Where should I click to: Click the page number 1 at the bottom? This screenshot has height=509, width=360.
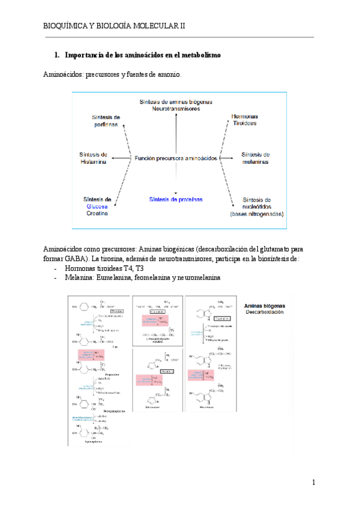[x=313, y=483]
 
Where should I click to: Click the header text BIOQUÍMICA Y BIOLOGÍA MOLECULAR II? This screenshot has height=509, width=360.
[x=115, y=26]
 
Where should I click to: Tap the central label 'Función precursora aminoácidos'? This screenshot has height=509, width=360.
[x=176, y=158]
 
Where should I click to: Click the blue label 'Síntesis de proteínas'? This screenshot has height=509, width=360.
[x=176, y=199]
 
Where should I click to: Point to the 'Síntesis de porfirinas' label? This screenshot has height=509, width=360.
[x=106, y=120]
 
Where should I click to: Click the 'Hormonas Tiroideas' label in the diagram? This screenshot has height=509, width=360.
[x=245, y=119]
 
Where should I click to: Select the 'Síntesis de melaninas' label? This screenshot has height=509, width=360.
[x=255, y=158]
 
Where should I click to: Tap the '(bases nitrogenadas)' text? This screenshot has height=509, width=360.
[x=257, y=214]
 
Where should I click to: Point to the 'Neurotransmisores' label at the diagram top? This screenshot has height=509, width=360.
[x=176, y=109]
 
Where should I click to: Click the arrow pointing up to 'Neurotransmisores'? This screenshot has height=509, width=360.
[x=176, y=129]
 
